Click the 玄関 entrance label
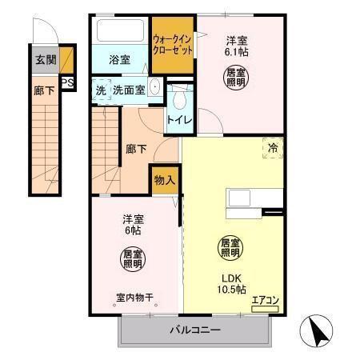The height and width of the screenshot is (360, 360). coord(45,58)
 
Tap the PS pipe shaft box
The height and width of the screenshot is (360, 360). coord(67,82)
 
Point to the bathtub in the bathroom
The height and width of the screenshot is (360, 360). coord(119,31)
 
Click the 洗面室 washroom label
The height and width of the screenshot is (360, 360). coord(128,90)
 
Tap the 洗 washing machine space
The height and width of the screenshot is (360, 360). coord(100,90)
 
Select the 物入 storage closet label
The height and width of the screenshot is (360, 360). coord(164,180)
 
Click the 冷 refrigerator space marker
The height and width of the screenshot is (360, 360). coord(272,147)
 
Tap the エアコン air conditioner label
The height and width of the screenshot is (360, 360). coord(264,301)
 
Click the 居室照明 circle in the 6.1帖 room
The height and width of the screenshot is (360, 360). coord(234,78)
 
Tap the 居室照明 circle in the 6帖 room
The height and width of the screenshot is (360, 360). coord(133,259)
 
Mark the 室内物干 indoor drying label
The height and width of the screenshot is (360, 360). coord(133,297)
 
